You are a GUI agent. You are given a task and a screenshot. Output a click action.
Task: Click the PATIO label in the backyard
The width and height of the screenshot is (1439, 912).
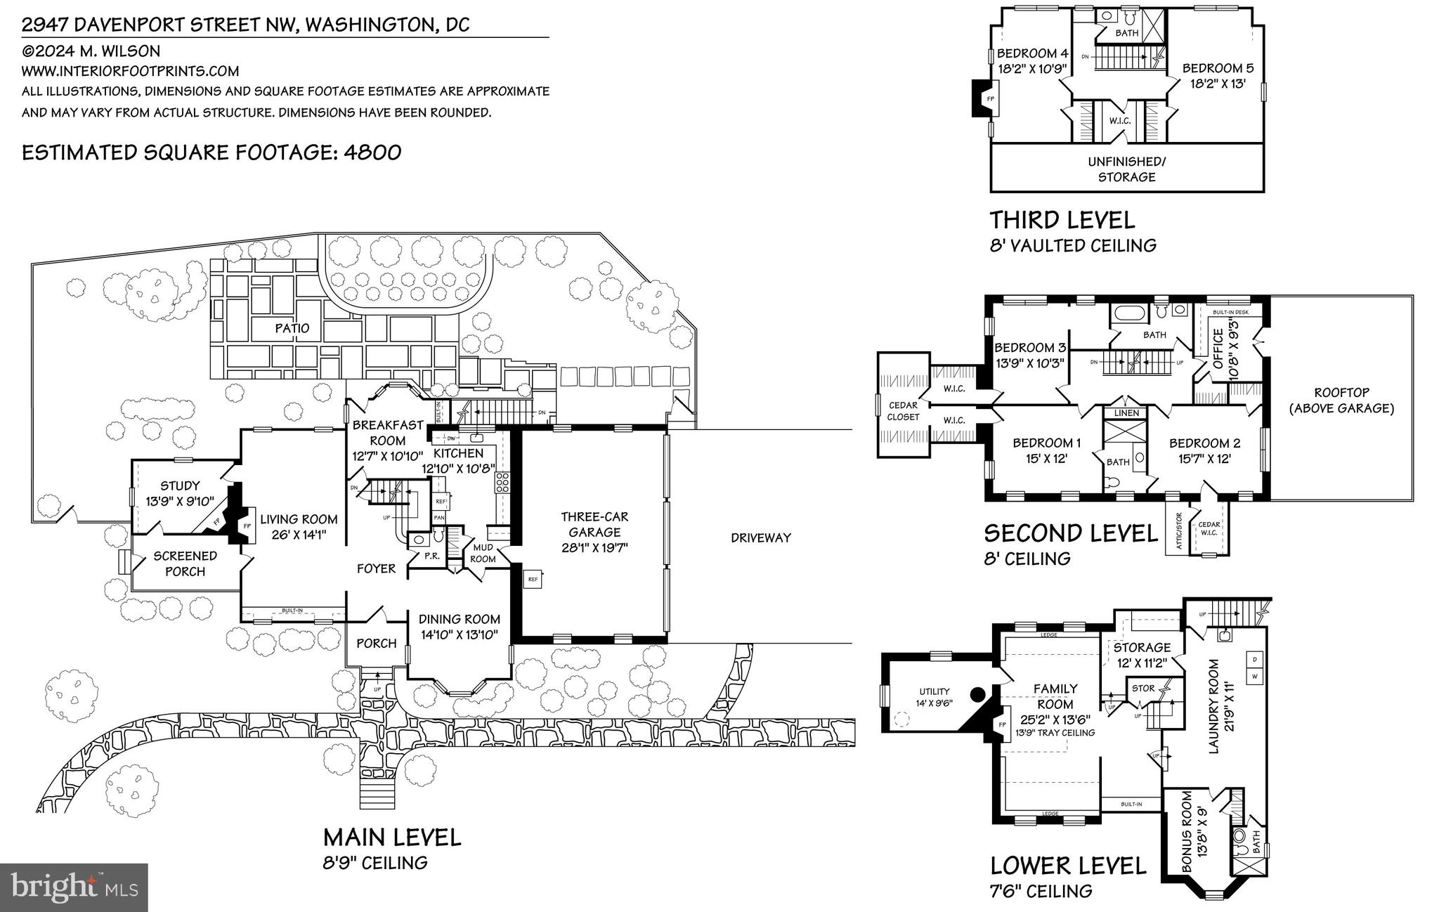point(292,328)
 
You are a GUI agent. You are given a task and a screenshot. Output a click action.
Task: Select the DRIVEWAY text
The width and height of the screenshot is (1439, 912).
point(760,538)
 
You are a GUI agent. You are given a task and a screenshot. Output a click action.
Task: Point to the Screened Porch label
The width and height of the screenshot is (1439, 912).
point(185,564)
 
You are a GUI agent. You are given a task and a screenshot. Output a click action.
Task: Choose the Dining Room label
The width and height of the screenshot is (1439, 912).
point(460,619)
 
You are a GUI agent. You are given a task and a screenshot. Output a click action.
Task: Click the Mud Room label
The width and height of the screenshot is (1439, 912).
point(483,553)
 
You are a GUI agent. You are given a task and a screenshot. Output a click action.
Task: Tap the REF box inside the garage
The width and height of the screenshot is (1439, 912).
point(533,580)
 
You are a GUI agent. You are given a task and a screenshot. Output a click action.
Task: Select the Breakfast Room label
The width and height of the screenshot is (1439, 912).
point(388,432)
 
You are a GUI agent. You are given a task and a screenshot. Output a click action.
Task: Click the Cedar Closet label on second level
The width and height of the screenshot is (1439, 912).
point(903,411)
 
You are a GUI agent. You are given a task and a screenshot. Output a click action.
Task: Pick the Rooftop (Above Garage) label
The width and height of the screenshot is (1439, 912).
point(1341,400)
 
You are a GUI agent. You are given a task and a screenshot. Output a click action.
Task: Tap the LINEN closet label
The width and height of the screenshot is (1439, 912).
point(1126,412)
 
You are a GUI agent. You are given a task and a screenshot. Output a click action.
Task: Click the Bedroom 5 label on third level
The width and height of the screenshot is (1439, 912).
point(1218,69)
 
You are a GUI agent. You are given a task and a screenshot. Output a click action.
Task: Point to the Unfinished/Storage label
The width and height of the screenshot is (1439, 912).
point(1126,169)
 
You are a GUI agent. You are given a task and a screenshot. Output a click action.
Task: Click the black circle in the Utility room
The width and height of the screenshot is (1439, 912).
point(977,696)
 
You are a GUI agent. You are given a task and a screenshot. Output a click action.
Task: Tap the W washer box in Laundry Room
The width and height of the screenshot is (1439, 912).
point(1254,676)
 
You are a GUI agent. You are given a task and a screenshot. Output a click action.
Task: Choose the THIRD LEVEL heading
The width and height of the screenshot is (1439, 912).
point(1062,220)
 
